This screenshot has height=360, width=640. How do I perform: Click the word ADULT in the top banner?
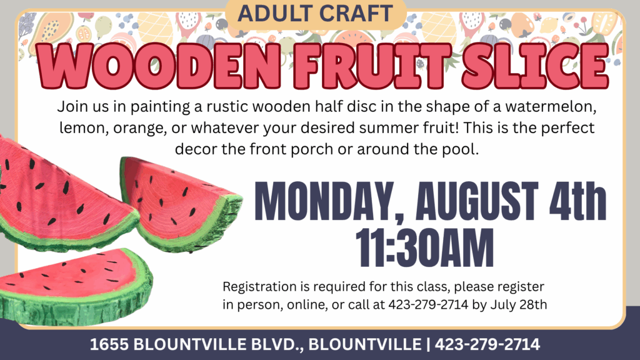pyautogui.click(x=275, y=13)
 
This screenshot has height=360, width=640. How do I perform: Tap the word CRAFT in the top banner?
pyautogui.click(x=356, y=13)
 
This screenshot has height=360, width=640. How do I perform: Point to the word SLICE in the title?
pyautogui.click(x=535, y=65)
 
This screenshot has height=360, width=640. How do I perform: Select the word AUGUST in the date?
pyautogui.click(x=477, y=202)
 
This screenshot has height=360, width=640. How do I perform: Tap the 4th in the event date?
pyautogui.click(x=577, y=202)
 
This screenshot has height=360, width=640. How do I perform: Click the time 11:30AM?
pyautogui.click(x=424, y=247)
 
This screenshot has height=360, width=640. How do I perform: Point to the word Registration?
pyautogui.click(x=260, y=287)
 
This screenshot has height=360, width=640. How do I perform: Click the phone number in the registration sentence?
pyautogui.click(x=427, y=304)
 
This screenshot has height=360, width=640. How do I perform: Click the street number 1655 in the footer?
pyautogui.click(x=109, y=344)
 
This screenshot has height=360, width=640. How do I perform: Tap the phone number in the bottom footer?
pyautogui.click(x=487, y=344)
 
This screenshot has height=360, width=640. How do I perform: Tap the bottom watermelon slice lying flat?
pyautogui.click(x=76, y=286)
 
